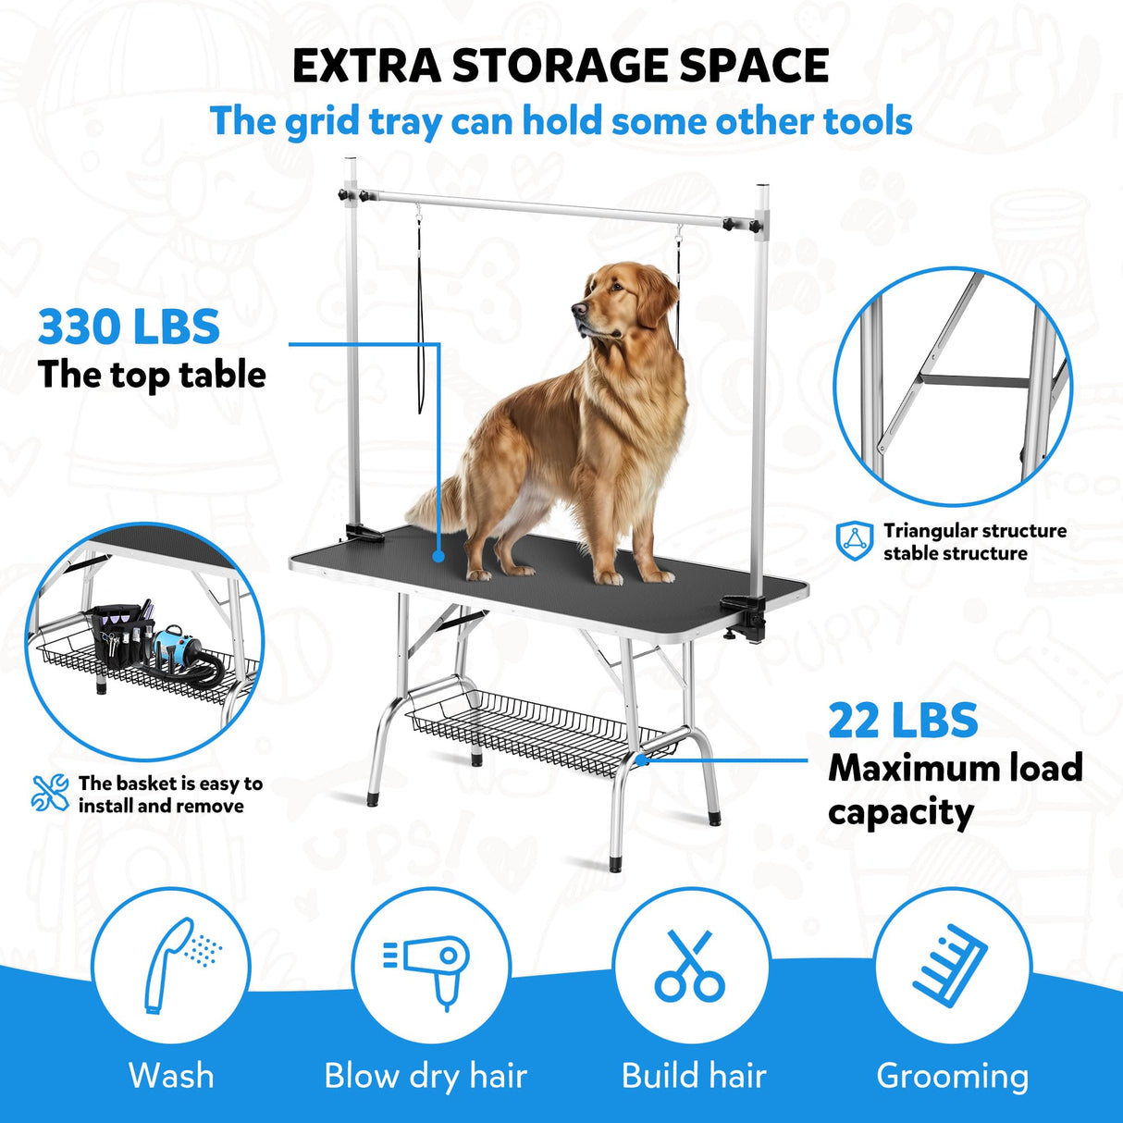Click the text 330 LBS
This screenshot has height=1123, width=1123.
click(129, 327)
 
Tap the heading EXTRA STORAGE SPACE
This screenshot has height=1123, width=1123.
click(561, 65)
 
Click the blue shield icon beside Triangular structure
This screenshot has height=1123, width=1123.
click(855, 541)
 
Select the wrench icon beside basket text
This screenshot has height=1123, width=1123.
click(50, 794)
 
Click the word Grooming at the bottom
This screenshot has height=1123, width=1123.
click(952, 1076)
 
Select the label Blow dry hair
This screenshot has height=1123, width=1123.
click(425, 1076)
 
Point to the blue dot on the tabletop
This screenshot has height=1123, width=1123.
click(438, 557)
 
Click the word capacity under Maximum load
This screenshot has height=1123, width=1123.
click(900, 812)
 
